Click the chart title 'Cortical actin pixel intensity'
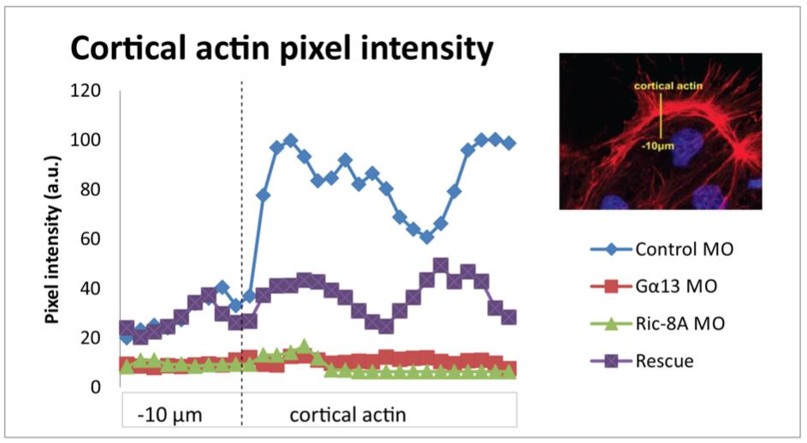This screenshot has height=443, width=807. coord(282,49)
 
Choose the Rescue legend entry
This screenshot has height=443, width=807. coord(664,361)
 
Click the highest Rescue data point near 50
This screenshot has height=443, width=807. coord(441,266)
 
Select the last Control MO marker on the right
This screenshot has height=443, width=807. coord(509,143)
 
